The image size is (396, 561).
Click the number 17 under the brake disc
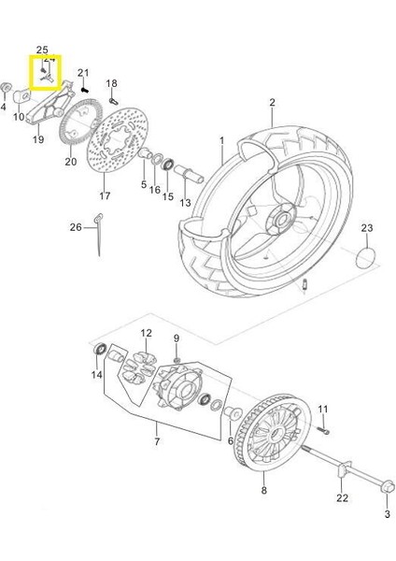105,196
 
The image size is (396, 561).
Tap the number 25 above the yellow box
41,49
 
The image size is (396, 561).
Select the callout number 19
38,139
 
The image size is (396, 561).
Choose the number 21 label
83,73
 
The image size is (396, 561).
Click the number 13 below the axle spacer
185,202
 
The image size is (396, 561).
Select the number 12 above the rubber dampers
146,333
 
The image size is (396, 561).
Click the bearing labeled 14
101,352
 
